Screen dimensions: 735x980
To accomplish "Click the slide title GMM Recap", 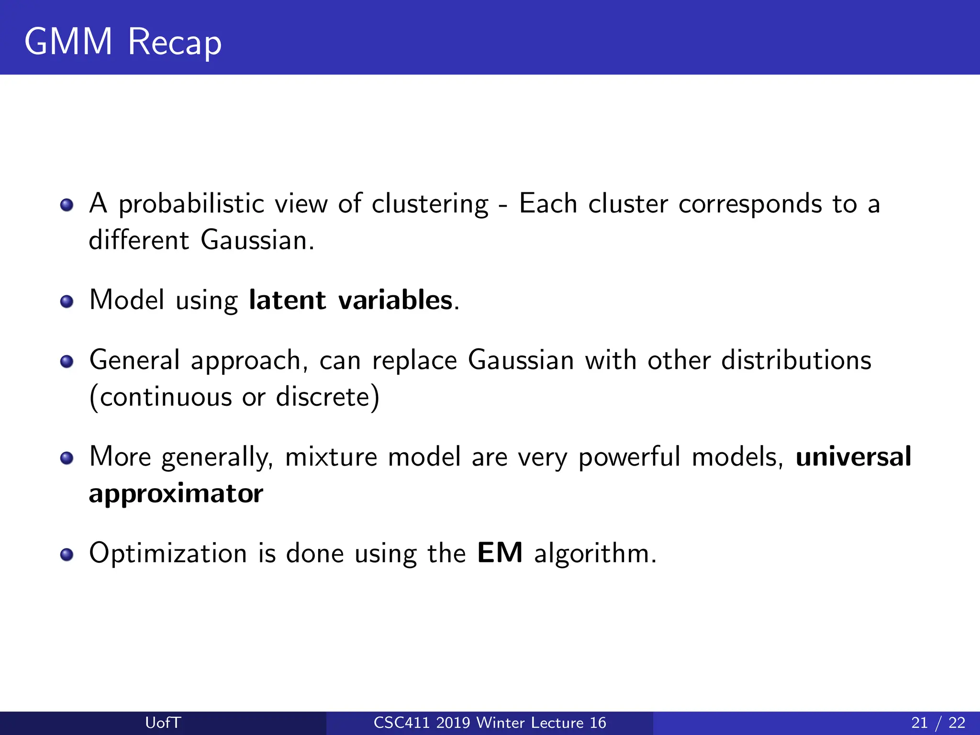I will [x=123, y=42].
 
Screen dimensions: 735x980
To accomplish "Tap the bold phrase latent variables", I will [x=350, y=300].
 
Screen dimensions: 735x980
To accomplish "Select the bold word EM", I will [x=500, y=553].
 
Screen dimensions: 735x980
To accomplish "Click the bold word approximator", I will [x=176, y=493].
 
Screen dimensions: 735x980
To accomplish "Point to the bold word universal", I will [x=853, y=456].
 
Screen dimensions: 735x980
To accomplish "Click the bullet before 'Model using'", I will [x=67, y=301].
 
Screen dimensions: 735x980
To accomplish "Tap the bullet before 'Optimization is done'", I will [x=67, y=554].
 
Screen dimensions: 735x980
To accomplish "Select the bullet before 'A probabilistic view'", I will [x=67, y=205].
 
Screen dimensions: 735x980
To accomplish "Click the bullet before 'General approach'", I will [x=67, y=361].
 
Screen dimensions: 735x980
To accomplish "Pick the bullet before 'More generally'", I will [x=67, y=458].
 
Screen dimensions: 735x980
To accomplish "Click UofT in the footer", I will [x=163, y=723].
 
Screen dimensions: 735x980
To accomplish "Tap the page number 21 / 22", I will [x=938, y=723].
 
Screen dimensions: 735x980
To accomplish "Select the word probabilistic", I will [x=191, y=204].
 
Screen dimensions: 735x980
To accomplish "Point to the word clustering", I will [x=430, y=204].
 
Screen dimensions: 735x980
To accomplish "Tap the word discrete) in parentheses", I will [x=327, y=397].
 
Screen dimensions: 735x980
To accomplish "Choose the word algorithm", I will [x=594, y=554].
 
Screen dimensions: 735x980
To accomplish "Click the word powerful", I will [x=629, y=457].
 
